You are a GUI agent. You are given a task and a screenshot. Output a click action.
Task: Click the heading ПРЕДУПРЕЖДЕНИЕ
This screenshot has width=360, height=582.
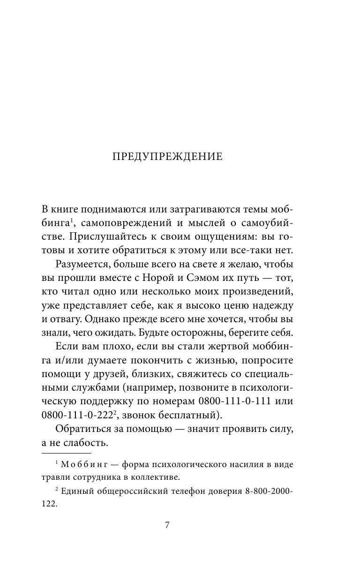click(167, 157)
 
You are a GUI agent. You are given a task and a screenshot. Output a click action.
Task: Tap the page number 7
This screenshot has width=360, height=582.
click(167, 525)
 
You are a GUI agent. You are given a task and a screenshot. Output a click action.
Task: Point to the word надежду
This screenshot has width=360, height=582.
click(285, 306)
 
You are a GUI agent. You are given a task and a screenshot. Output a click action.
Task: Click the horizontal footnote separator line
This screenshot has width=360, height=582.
click(67, 454)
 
